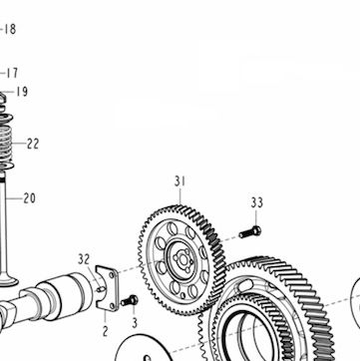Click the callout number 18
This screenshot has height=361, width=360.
(x=10, y=29)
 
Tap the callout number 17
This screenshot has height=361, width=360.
(x=12, y=73)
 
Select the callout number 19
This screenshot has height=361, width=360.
(x=22, y=92)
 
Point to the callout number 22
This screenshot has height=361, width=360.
(x=33, y=144)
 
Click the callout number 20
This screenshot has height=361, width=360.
(x=29, y=198)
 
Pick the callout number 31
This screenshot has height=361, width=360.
(x=180, y=181)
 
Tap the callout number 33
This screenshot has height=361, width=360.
(x=256, y=202)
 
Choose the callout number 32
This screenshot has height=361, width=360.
(x=84, y=259)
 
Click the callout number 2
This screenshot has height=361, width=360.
(x=105, y=331)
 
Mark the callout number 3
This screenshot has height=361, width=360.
(x=135, y=323)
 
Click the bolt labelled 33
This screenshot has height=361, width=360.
(x=249, y=232)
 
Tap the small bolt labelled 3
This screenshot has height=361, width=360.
(x=130, y=301)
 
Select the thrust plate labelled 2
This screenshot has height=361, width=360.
(x=107, y=288)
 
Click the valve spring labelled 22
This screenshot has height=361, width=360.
(x=6, y=142)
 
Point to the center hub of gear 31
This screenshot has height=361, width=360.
(x=182, y=260)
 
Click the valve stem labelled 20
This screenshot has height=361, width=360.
(x=3, y=226)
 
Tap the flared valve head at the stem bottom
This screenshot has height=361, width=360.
(x=7, y=280)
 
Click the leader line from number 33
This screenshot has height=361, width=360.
(x=256, y=217)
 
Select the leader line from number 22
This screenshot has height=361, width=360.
(x=20, y=144)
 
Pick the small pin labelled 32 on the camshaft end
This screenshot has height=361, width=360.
(x=102, y=289)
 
